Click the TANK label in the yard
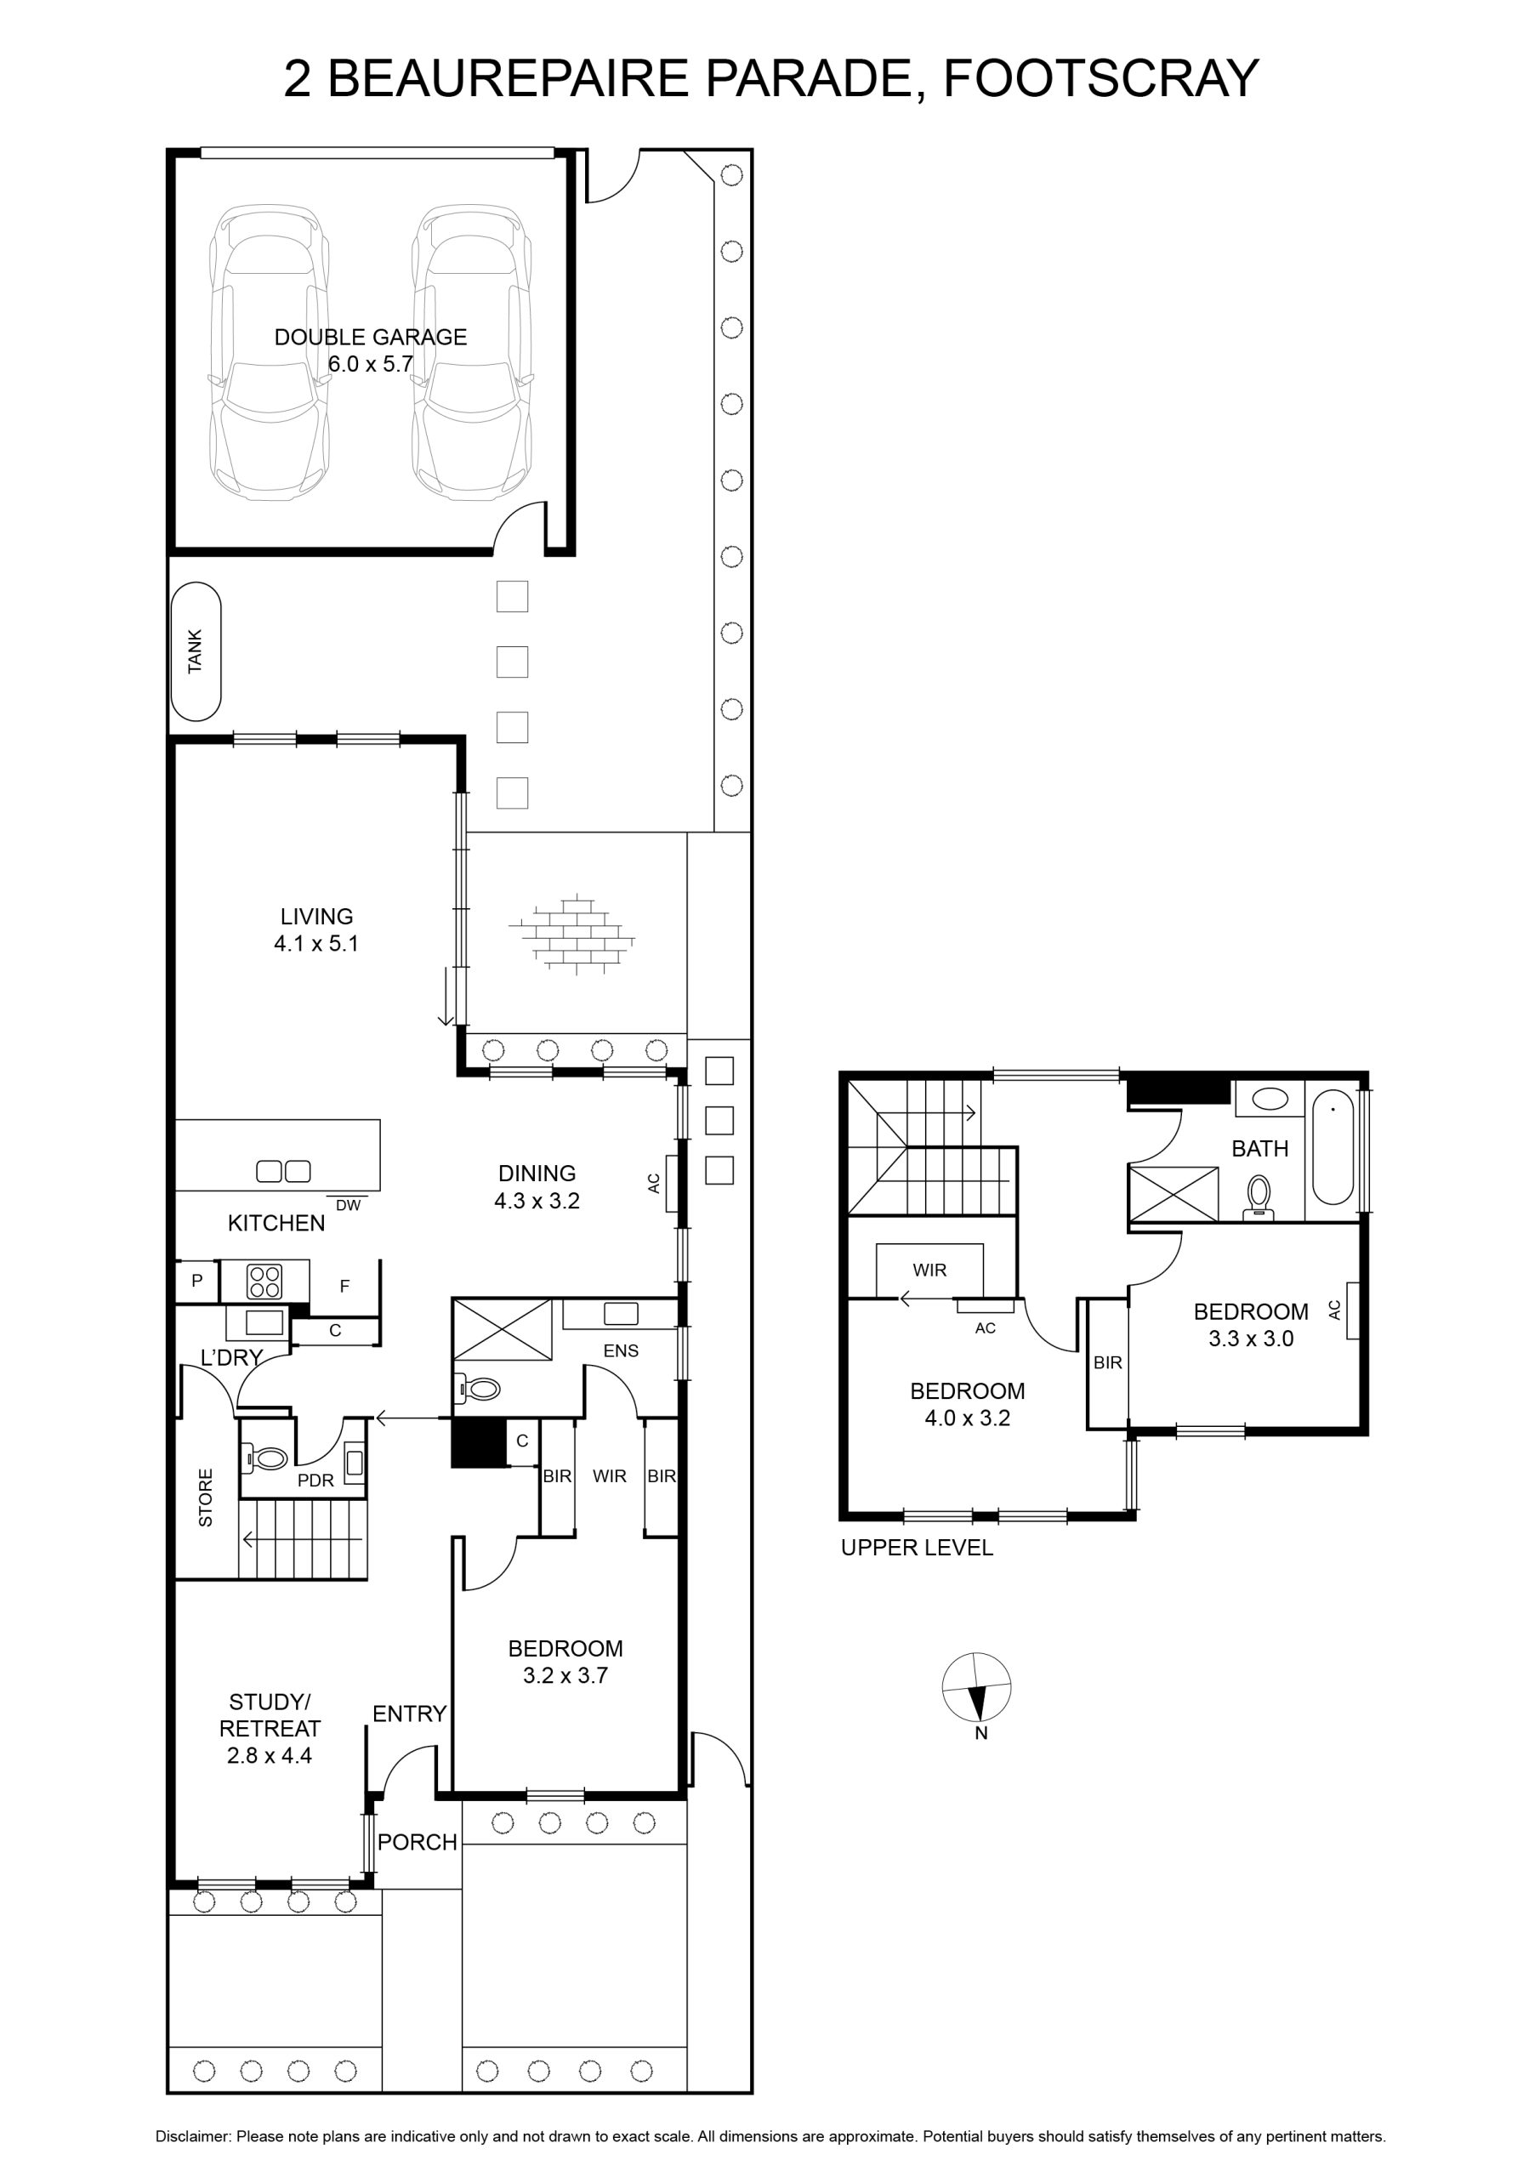point(196,651)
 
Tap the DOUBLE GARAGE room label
point(371,337)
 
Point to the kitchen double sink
point(283,1172)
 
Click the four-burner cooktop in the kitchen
point(264,1282)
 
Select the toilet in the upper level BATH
point(1259,1197)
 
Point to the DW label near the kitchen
point(348,1205)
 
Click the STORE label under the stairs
point(206,1498)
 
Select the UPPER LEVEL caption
point(917,1548)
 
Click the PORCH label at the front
point(418,1842)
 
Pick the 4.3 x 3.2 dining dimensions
point(537,1201)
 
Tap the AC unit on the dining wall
point(670,1183)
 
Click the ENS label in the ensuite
point(621,1351)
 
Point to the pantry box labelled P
point(197,1281)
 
